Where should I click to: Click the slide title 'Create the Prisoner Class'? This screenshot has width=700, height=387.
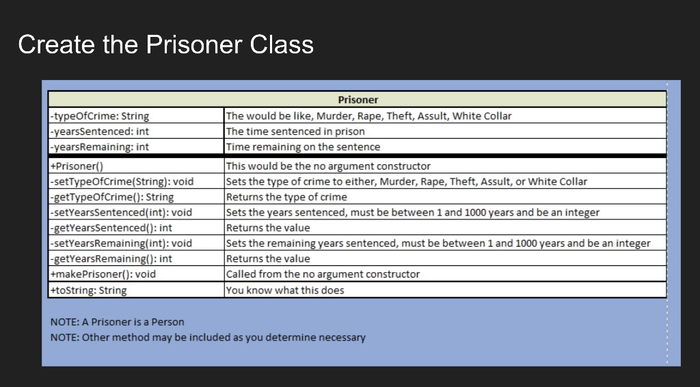point(165,44)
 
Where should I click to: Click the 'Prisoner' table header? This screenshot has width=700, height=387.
point(358,100)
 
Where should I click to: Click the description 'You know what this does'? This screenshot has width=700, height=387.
point(285,290)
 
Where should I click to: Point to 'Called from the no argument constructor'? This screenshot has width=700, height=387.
point(323,274)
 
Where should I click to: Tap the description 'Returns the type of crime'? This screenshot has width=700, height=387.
point(286,197)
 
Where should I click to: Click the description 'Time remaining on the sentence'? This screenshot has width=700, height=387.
point(303,146)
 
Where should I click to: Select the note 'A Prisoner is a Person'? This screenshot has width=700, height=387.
point(118,322)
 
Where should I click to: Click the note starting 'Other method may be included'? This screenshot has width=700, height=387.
point(208,337)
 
